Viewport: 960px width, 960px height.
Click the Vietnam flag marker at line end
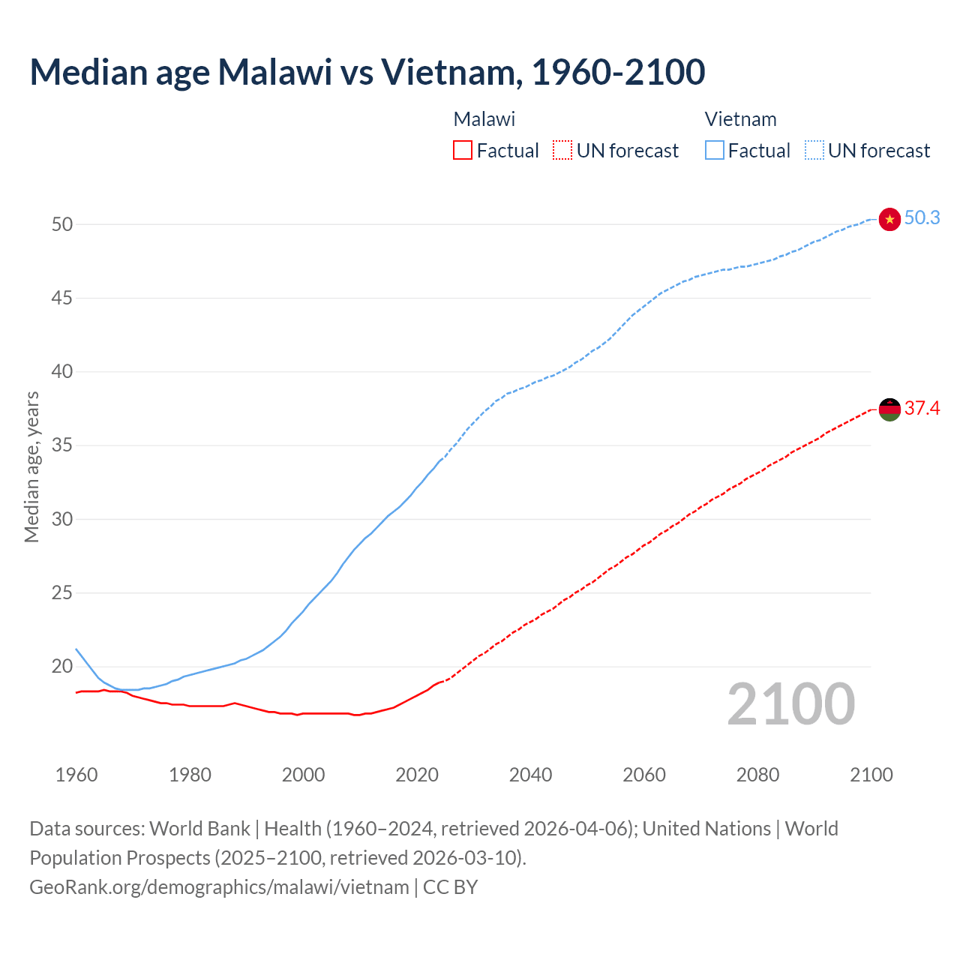click(x=889, y=219)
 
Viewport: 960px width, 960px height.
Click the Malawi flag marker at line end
click(x=889, y=409)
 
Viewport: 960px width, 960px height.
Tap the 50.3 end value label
click(x=922, y=218)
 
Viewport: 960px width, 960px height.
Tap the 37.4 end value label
click(x=922, y=409)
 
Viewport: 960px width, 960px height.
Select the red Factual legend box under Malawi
click(x=463, y=150)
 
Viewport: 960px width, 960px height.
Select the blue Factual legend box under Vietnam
click(x=714, y=150)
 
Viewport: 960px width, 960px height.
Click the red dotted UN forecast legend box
click(x=562, y=150)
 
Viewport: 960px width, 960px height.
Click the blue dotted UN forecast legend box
click(x=814, y=150)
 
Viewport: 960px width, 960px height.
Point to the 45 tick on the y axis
click(x=62, y=298)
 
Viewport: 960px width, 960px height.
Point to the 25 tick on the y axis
click(x=62, y=593)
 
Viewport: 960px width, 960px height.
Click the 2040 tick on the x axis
click(x=530, y=775)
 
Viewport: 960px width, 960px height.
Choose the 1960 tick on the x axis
click(x=76, y=775)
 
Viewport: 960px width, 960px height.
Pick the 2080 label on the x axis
click(x=757, y=775)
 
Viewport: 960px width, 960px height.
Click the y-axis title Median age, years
click(x=31, y=466)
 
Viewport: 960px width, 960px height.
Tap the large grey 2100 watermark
click(x=790, y=704)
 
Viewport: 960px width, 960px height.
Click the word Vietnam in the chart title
click(x=448, y=72)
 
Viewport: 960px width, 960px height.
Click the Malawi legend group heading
click(x=484, y=119)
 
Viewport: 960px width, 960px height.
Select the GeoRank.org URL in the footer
click(x=219, y=887)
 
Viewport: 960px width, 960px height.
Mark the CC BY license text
click(x=450, y=887)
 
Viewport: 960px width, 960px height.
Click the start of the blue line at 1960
click(x=76, y=649)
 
